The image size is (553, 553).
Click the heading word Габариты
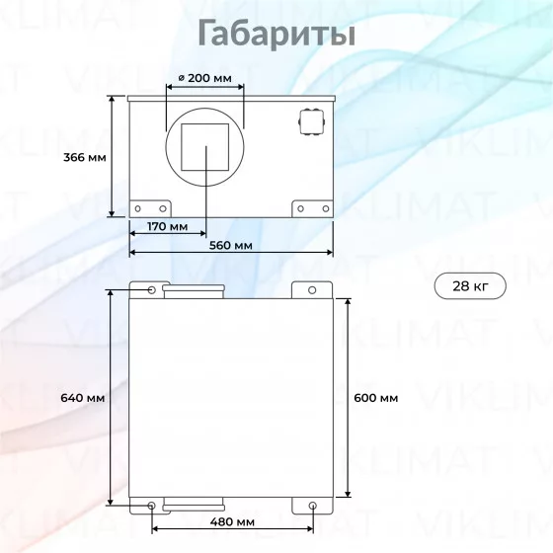click(276, 34)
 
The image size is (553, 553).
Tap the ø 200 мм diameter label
click(205, 78)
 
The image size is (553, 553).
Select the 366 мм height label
click(85, 157)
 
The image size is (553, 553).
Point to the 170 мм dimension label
click(167, 226)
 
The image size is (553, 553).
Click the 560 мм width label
click(231, 245)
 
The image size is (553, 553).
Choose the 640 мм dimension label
click(83, 398)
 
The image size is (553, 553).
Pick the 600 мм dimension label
click(376, 398)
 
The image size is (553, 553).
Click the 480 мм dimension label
click(232, 521)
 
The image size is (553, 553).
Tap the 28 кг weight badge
click(470, 286)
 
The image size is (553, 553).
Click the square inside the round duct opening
click(205, 147)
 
